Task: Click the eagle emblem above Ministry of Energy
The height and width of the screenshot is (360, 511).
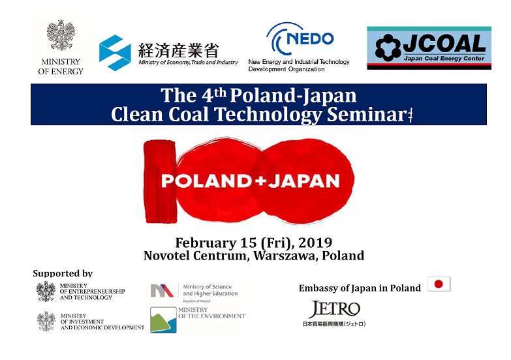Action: (x=61, y=35)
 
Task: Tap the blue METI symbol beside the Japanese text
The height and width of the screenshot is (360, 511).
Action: (x=115, y=53)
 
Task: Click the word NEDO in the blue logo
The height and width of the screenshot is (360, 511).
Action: (x=310, y=38)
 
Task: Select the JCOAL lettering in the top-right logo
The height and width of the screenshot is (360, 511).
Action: (x=444, y=44)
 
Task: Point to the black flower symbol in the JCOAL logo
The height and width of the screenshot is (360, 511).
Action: (x=388, y=48)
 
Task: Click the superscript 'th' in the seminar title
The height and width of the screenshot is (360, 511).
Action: (x=220, y=93)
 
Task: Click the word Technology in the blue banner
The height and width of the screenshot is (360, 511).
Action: (x=268, y=115)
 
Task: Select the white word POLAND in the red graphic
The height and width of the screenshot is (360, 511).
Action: (x=206, y=181)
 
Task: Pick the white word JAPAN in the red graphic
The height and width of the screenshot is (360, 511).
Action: (x=304, y=181)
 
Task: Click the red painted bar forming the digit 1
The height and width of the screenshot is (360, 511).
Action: (x=160, y=181)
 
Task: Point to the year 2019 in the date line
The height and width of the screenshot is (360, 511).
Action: (x=315, y=243)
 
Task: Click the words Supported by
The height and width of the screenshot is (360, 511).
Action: (x=63, y=273)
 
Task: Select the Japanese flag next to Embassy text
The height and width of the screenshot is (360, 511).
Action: (x=439, y=284)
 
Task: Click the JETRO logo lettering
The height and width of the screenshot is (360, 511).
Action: (x=335, y=309)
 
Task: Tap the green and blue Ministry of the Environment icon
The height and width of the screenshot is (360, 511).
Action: (x=163, y=320)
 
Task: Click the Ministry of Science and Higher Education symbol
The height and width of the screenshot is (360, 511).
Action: (x=162, y=291)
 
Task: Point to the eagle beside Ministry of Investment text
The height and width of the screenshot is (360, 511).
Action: (x=46, y=322)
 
